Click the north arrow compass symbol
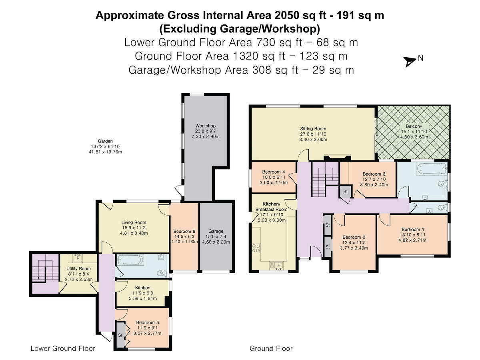click(409, 62)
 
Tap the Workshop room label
click(205, 126)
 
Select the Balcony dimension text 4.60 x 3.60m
click(414, 137)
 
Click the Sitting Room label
click(313, 129)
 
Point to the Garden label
click(105, 141)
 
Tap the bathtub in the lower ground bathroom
click(130, 260)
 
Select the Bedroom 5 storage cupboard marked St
click(120, 335)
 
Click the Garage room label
click(216, 231)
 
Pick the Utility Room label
click(78, 269)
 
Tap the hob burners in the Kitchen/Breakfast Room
click(256, 248)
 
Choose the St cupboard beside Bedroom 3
click(345, 192)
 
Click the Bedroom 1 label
click(413, 229)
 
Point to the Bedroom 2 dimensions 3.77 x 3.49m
click(354, 248)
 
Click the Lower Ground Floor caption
click(63, 348)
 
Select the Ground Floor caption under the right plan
click(271, 348)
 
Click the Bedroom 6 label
click(184, 231)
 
